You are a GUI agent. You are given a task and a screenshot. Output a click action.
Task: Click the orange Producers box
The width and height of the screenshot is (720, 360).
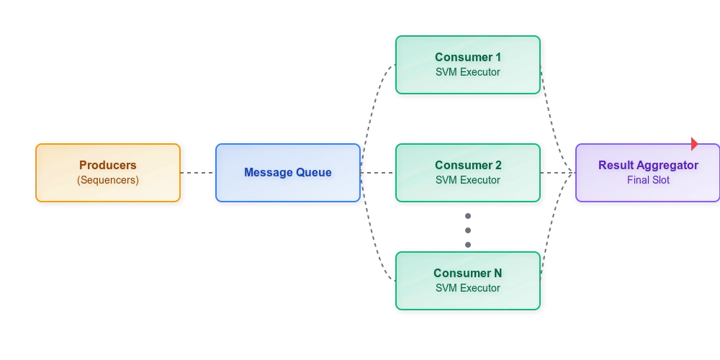(108, 173)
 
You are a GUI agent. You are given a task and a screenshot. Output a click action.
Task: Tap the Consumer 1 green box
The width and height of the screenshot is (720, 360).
(468, 65)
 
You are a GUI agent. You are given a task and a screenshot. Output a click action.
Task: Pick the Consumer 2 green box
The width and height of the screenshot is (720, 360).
(468, 173)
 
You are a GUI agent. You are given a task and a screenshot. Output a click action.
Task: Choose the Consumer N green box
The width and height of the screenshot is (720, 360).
(468, 281)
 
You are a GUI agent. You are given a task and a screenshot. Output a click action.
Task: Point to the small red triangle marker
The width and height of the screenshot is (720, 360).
(694, 143)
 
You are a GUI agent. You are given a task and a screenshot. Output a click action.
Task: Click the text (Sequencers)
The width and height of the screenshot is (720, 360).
(108, 180)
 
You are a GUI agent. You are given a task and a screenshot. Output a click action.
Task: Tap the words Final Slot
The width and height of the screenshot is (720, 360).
(648, 180)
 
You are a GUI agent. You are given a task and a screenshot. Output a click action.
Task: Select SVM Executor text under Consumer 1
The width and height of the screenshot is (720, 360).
(468, 72)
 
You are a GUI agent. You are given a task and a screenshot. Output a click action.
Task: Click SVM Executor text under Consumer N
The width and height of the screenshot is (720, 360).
(468, 288)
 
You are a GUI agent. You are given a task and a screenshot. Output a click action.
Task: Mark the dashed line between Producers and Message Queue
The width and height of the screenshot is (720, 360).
(198, 173)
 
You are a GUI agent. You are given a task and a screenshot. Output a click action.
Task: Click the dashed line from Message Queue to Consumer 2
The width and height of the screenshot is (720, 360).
(378, 173)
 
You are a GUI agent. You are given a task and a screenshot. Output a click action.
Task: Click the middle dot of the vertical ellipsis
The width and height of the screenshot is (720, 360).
(468, 230)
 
